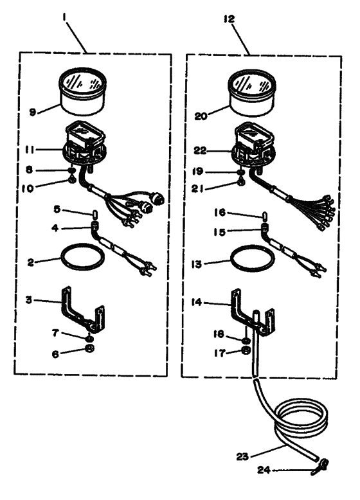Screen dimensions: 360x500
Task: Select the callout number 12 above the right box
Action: pos(229,19)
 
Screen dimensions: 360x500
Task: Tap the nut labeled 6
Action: pos(89,348)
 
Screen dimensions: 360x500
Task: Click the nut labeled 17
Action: pos(246,350)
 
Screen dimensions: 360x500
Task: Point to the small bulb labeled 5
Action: pos(94,213)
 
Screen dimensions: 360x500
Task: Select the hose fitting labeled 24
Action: pos(320,467)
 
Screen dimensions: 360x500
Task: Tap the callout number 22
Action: pos(200,150)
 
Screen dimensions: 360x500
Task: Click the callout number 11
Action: pos(30,150)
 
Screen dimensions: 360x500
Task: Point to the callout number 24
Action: pos(264,469)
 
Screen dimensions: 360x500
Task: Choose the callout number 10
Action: pos(28,188)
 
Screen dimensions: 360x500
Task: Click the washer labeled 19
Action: pos(241,172)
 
